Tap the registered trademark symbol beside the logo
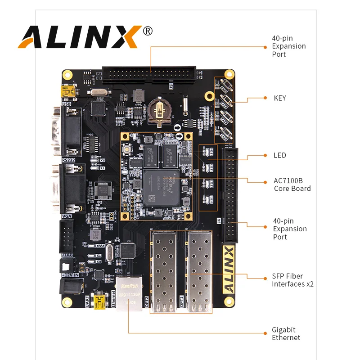point(148,31)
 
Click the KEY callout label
point(279,98)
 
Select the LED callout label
point(279,155)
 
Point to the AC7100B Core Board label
point(292,184)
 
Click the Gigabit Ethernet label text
point(286,333)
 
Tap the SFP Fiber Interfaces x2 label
point(292,280)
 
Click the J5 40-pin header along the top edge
point(149,74)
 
